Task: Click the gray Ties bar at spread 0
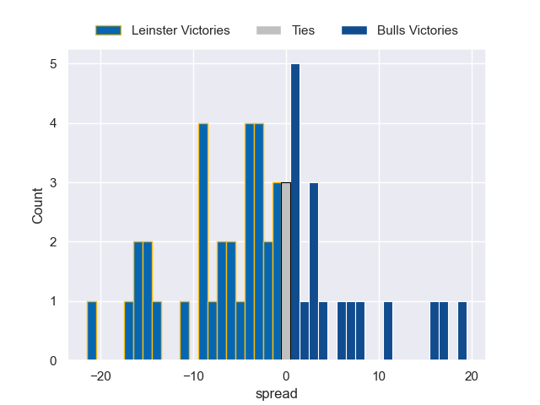point(286,272)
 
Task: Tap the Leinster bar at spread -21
point(92,331)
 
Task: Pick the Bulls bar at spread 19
point(462,331)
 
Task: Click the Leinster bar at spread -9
point(203,242)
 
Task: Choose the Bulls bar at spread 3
point(314,272)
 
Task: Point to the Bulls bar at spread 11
point(388,331)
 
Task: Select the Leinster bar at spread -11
point(185,331)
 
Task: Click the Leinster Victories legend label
point(181,30)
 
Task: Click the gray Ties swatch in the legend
point(267,30)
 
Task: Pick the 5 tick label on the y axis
point(52,64)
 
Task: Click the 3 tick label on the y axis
point(52,183)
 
